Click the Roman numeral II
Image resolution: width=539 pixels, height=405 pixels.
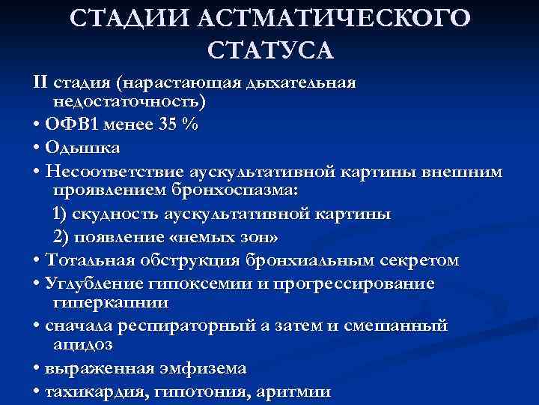pyautogui.click(x=41, y=80)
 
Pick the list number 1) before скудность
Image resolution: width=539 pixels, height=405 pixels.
pyautogui.click(x=62, y=215)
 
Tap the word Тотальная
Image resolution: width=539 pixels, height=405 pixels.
pyautogui.click(x=91, y=260)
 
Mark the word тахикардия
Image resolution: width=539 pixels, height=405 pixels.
pyautogui.click(x=91, y=392)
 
